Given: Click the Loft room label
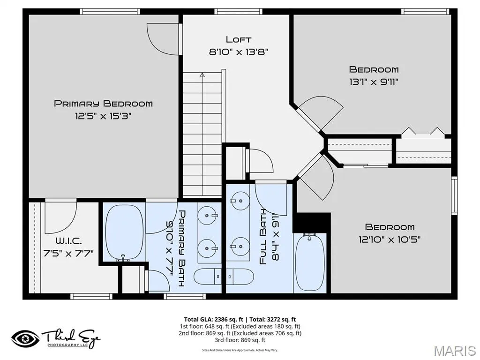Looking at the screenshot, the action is [239, 39].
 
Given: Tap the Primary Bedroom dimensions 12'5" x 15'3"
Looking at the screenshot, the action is [103, 116].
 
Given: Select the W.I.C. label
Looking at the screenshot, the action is [68, 240].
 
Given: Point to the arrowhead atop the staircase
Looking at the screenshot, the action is [202, 75].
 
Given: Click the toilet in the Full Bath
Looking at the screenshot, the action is [240, 277].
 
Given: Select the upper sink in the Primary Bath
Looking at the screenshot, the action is [208, 216].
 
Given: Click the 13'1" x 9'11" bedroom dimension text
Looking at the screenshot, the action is [374, 82].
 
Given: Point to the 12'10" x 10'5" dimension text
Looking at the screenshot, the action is [390, 240].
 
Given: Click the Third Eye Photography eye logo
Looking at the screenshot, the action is [25, 339].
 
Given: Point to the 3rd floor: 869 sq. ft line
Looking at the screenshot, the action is [240, 340].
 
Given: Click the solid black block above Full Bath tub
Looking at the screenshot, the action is [312, 223].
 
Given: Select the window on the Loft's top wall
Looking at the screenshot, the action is [239, 12].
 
